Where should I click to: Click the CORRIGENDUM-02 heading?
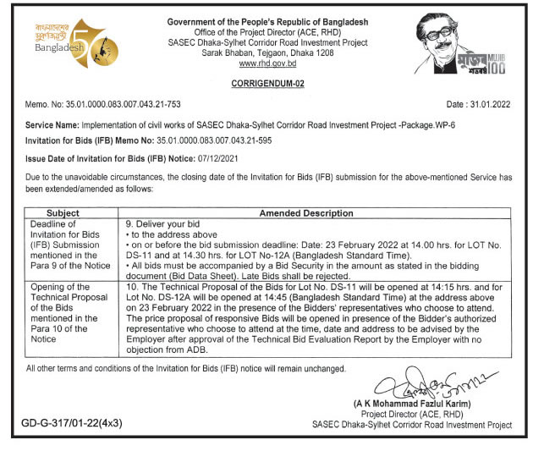click(x=267, y=85)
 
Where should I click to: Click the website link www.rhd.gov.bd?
click(x=267, y=63)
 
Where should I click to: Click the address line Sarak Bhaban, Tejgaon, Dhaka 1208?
click(x=267, y=53)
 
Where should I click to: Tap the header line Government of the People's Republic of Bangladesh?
click(x=267, y=21)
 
